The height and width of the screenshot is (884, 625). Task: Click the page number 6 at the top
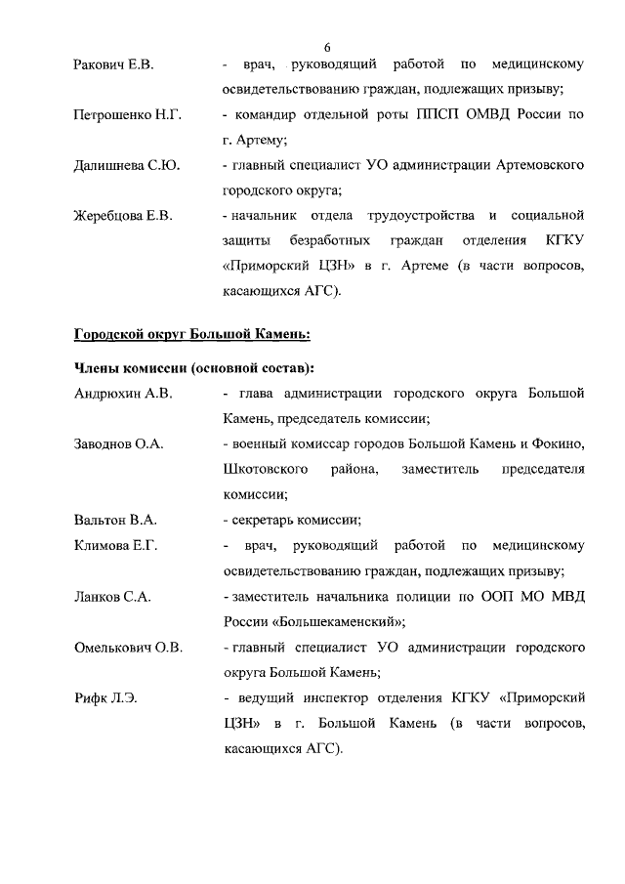pyautogui.click(x=327, y=47)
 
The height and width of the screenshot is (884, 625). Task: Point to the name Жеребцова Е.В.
pyautogui.click(x=123, y=215)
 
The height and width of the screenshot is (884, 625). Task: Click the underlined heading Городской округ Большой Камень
pyautogui.click(x=192, y=334)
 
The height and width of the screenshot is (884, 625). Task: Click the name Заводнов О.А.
pyautogui.click(x=119, y=443)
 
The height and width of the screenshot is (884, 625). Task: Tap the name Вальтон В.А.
pyautogui.click(x=115, y=519)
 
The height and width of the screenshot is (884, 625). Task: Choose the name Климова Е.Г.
pyautogui.click(x=116, y=544)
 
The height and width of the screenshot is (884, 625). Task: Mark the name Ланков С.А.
pyautogui.click(x=111, y=595)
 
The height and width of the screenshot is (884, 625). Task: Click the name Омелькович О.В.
pyautogui.click(x=128, y=647)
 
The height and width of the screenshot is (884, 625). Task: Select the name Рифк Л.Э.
pyautogui.click(x=104, y=697)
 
